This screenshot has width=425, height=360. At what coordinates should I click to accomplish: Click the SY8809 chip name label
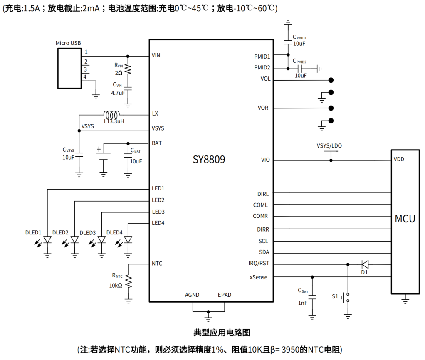[x=209, y=160]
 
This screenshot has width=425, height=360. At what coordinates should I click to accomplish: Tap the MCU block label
[x=405, y=219]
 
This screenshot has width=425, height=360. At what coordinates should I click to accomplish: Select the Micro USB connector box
[x=69, y=68]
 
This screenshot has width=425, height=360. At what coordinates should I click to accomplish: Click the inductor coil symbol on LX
[x=112, y=115]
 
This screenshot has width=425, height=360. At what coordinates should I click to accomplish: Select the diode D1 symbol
[x=365, y=264]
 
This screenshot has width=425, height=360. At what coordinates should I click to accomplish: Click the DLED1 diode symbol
[x=47, y=240]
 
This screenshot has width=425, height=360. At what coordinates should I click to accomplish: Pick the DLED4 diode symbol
[x=128, y=240]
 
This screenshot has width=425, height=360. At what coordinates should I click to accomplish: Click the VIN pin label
[x=156, y=55]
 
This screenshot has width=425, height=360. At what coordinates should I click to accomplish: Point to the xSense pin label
[x=259, y=277]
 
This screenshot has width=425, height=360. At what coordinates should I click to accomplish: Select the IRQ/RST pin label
[x=259, y=264]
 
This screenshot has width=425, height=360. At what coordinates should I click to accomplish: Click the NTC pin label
[x=157, y=264]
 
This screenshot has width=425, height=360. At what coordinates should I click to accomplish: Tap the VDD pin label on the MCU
[x=399, y=159]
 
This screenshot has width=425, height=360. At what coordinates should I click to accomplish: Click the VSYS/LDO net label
[x=329, y=145]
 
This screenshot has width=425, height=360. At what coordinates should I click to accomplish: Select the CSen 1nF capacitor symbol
[x=313, y=297]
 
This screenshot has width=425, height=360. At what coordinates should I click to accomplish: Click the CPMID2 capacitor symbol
[x=299, y=68]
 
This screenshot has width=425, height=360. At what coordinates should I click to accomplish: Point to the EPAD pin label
[x=225, y=295]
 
